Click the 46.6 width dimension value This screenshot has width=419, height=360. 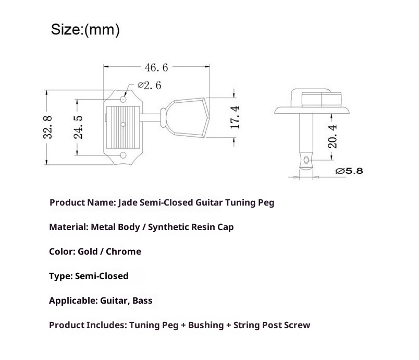click(x=156, y=67)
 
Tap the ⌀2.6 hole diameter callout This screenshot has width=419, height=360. click(x=150, y=86)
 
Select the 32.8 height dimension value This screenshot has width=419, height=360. click(x=48, y=127)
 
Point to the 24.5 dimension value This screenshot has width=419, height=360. click(x=78, y=127)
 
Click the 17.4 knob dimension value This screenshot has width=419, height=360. click(x=235, y=117)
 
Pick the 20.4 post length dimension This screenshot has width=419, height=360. click(x=332, y=136)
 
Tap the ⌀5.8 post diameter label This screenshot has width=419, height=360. click(x=349, y=171)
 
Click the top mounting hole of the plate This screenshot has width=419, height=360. click(x=123, y=99)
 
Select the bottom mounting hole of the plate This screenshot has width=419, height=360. click(x=123, y=155)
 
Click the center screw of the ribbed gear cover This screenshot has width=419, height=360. click(x=123, y=124)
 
